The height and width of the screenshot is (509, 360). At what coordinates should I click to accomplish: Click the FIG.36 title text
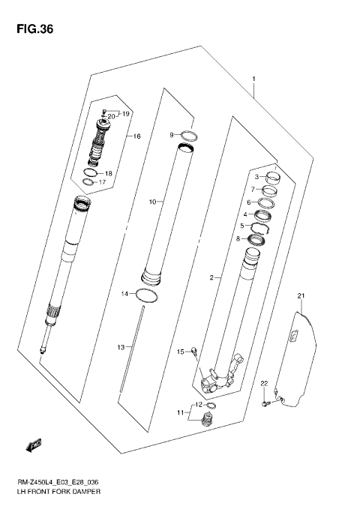[x=33, y=29]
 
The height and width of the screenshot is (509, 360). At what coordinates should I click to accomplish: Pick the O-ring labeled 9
[x=191, y=136]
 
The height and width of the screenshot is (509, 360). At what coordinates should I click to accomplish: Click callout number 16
[x=137, y=136]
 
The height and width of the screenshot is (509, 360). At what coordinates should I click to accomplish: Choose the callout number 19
[x=126, y=114]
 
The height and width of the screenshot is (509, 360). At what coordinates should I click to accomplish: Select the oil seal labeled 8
[x=256, y=240]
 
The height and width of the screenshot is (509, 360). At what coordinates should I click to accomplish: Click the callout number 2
[x=212, y=278]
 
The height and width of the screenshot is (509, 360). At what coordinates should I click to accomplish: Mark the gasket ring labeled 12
[x=211, y=406]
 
